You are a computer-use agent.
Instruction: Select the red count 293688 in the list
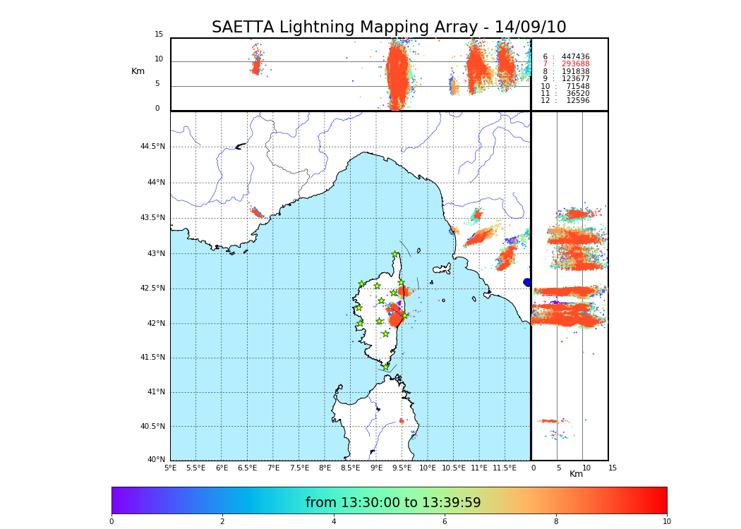tap(575, 64)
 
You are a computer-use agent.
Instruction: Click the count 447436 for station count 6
tap(575, 57)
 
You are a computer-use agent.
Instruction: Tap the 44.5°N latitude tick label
tap(152, 147)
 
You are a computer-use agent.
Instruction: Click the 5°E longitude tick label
tap(170, 468)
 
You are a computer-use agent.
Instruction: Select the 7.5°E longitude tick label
tap(299, 468)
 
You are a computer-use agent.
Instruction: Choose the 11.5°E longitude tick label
tap(505, 468)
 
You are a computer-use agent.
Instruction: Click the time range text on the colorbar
tap(393, 503)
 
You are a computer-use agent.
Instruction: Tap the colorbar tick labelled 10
tap(666, 522)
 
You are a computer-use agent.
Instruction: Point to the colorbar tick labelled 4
tap(334, 522)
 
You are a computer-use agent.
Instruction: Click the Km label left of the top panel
tap(138, 71)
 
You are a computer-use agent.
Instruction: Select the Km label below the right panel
tap(577, 474)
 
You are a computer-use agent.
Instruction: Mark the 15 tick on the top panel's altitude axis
tap(159, 35)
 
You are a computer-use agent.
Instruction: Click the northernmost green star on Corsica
tap(395, 255)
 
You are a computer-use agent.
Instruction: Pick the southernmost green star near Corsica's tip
tap(385, 367)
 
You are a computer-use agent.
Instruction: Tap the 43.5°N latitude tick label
tap(152, 218)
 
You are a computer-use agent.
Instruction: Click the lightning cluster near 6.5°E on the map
tap(257, 212)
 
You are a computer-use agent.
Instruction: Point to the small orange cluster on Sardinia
tap(402, 421)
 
